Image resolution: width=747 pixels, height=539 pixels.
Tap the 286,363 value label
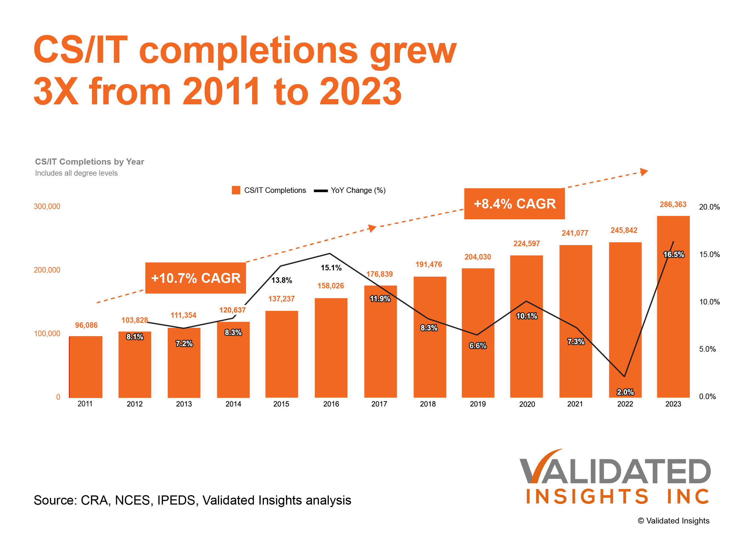pyautogui.click(x=673, y=205)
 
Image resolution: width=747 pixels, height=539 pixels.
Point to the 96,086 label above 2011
pyautogui.click(x=86, y=325)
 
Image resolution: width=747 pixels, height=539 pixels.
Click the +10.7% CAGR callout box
pyautogui.click(x=196, y=278)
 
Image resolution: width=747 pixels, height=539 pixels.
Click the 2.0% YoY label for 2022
pyautogui.click(x=625, y=392)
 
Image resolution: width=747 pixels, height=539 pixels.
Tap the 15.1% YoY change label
pyautogui.click(x=331, y=268)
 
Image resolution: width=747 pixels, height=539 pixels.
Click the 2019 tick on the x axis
pyautogui.click(x=478, y=404)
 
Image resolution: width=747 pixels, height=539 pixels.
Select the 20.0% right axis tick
pyautogui.click(x=709, y=207)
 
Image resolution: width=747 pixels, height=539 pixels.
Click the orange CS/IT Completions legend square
pyautogui.click(x=236, y=190)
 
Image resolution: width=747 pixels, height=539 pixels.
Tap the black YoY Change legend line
pyautogui.click(x=320, y=191)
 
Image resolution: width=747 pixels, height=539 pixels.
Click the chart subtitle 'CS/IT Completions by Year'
pyautogui.click(x=90, y=162)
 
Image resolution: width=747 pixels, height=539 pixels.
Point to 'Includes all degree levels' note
pyautogui.click(x=76, y=173)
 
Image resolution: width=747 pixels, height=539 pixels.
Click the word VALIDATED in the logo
pyautogui.click(x=615, y=471)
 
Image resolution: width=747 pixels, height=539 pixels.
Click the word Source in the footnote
pyautogui.click(x=55, y=500)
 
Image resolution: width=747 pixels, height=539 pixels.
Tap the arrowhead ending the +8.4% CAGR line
pyautogui.click(x=644, y=172)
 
